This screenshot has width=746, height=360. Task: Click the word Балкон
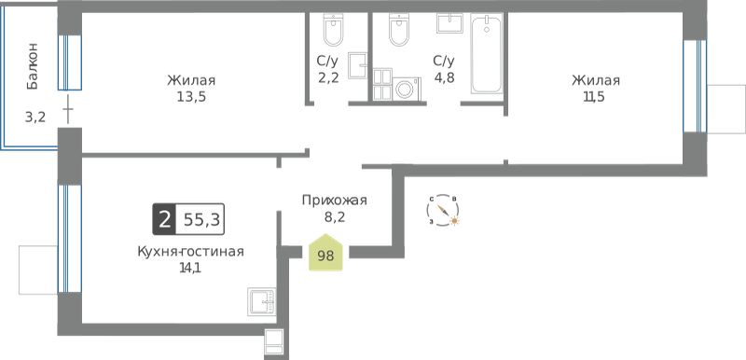(x=33, y=66)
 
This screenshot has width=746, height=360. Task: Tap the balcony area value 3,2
(x=35, y=117)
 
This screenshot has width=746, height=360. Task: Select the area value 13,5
(x=191, y=97)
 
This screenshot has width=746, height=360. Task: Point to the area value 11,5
(x=595, y=97)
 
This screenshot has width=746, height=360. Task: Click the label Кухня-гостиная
(x=190, y=251)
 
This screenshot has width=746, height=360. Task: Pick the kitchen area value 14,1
(x=190, y=269)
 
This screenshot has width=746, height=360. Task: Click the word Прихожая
(x=335, y=201)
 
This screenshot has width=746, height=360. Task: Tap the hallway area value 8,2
(x=334, y=218)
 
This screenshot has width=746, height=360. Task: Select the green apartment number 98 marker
(x=325, y=253)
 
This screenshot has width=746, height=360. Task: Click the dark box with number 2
(x=164, y=220)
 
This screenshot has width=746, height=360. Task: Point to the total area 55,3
(x=200, y=220)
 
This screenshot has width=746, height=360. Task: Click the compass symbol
(x=444, y=210)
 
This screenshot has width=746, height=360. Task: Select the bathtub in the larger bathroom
(x=486, y=53)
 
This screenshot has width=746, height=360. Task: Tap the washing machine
(x=406, y=89)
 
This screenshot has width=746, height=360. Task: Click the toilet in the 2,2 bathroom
(x=333, y=30)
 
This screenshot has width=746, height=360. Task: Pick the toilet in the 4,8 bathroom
(x=399, y=30)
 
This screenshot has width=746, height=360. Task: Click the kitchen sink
(x=262, y=301)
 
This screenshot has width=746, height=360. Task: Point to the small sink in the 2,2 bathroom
(x=358, y=65)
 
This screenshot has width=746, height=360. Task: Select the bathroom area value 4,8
(x=444, y=77)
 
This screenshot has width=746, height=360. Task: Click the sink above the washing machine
(x=449, y=22)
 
